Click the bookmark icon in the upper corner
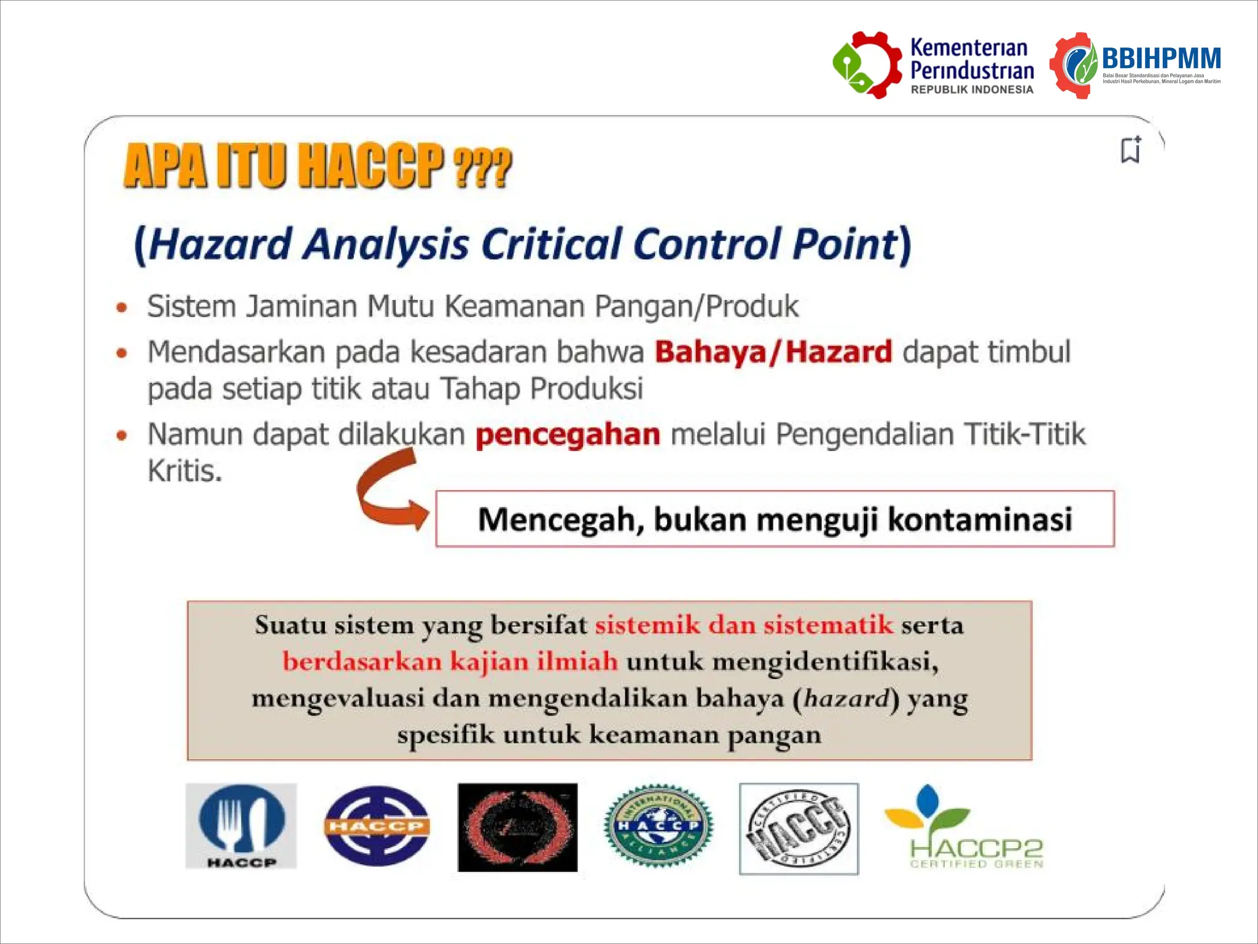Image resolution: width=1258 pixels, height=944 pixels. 1131,150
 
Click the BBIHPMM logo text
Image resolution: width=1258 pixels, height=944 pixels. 1161,59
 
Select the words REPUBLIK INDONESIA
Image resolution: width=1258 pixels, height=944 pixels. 972,90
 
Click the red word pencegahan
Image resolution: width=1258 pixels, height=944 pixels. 568,435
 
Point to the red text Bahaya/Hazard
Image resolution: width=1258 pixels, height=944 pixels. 773,352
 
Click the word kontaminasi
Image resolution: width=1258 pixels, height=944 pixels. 980,519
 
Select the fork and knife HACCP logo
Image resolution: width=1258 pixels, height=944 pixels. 241,825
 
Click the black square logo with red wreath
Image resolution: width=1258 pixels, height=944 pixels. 517,827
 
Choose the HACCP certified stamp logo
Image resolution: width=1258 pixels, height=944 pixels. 799,828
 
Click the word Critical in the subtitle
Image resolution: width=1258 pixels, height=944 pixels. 551,244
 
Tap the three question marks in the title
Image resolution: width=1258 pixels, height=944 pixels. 482,167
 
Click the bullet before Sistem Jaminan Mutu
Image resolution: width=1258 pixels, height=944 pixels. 122,307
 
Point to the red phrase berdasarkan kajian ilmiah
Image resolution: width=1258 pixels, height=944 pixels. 450,662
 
